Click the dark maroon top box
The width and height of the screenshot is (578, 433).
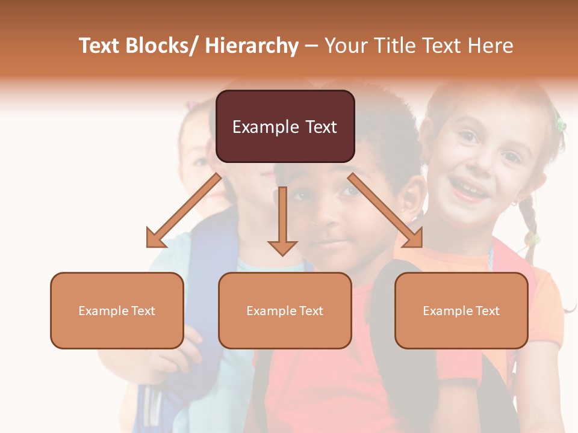[x=285, y=126]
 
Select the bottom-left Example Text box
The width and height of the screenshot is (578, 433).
[x=117, y=310]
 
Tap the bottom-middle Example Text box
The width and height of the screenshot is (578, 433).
[x=285, y=310]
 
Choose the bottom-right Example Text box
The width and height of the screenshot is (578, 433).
[x=461, y=310]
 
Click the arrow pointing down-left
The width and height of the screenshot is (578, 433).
[x=184, y=210]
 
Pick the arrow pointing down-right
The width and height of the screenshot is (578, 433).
[x=385, y=210]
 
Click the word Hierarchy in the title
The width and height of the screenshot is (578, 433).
[x=252, y=46]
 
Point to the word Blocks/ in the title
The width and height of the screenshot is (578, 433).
[x=163, y=46]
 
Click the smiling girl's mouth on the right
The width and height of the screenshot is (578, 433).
[x=468, y=191]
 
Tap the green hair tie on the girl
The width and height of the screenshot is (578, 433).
[x=561, y=124]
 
